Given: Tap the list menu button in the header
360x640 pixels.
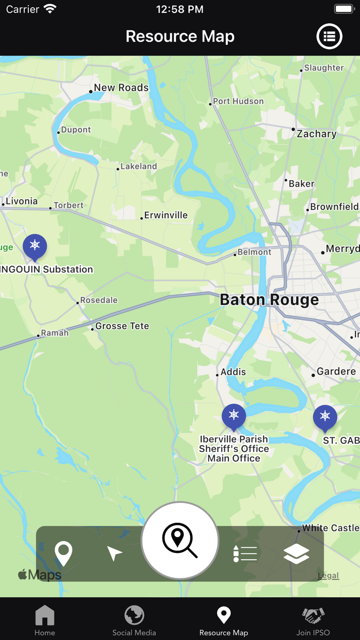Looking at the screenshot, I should (x=329, y=37).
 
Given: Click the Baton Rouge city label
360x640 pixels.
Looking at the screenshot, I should (x=269, y=300).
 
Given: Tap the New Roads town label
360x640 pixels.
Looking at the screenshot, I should (x=121, y=88).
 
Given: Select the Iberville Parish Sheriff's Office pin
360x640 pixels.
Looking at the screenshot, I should (x=233, y=416).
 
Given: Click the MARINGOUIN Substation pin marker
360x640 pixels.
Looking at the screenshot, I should (x=34, y=246).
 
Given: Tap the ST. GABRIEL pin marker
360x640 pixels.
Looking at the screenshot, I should (x=325, y=417).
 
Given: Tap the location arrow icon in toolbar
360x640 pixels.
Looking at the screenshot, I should (x=115, y=554).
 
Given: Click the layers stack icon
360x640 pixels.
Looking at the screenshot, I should (x=296, y=554).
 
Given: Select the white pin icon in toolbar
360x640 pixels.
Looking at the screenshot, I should (x=64, y=554).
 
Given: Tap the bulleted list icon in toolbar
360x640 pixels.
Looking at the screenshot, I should (x=245, y=554).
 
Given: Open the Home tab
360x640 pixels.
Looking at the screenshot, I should (x=45, y=620).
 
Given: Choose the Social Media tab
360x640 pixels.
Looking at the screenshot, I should (x=134, y=620).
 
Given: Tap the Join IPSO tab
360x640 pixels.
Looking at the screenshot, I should (x=313, y=620).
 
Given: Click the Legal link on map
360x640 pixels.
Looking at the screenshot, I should (x=328, y=576).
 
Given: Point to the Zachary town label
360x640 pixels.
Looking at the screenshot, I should (x=316, y=134).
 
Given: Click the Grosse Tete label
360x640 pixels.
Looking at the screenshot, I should (x=122, y=326).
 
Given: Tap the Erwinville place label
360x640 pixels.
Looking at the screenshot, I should (x=166, y=216).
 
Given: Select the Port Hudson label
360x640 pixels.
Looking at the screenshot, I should (x=238, y=101).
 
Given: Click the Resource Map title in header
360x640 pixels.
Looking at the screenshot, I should (x=180, y=37).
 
